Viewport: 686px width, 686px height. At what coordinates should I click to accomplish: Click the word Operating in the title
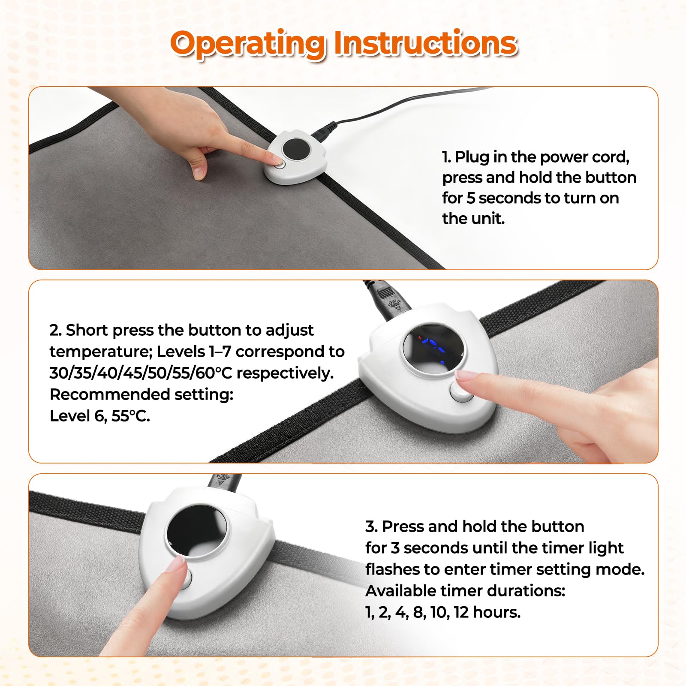[248, 44]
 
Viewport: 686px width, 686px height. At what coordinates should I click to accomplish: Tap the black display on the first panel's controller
[296, 150]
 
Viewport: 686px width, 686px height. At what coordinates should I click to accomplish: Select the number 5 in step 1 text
[471, 198]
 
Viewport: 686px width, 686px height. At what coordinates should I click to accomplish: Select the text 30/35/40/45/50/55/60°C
[141, 373]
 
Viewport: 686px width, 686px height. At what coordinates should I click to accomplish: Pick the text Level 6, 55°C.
[100, 416]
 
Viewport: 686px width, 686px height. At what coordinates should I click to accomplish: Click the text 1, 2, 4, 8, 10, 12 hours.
[443, 612]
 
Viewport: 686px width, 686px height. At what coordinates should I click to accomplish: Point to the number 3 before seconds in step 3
[395, 548]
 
